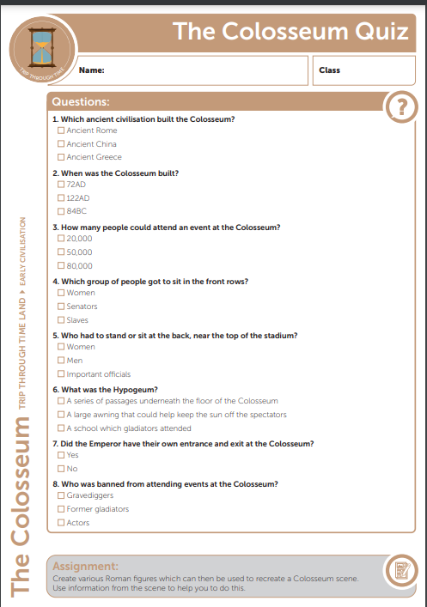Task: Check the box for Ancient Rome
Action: (61, 131)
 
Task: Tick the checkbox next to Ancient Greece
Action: (61, 157)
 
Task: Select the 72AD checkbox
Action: (61, 185)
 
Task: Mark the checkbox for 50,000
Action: (61, 252)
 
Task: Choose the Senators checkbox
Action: (61, 307)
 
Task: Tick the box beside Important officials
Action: (61, 374)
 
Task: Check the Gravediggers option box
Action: (61, 495)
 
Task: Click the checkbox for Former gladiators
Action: (61, 509)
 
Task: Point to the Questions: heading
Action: (81, 101)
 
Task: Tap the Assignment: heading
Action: (87, 567)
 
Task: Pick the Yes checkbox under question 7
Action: (61, 455)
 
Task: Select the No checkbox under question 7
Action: (61, 469)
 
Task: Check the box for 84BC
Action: (61, 211)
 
